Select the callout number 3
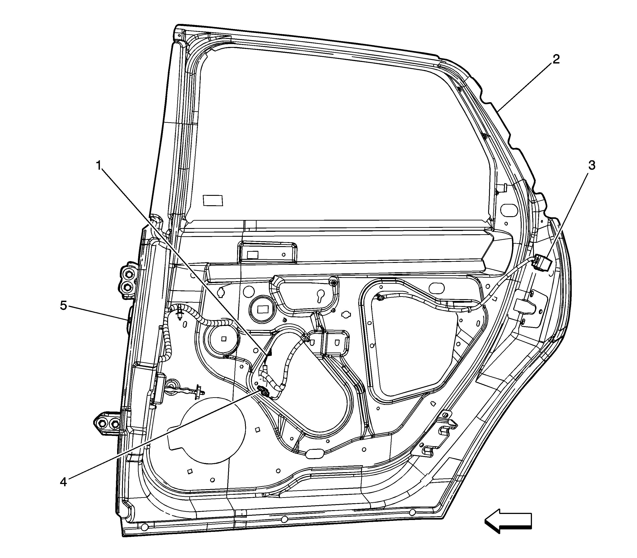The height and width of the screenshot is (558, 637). click(x=592, y=165)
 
